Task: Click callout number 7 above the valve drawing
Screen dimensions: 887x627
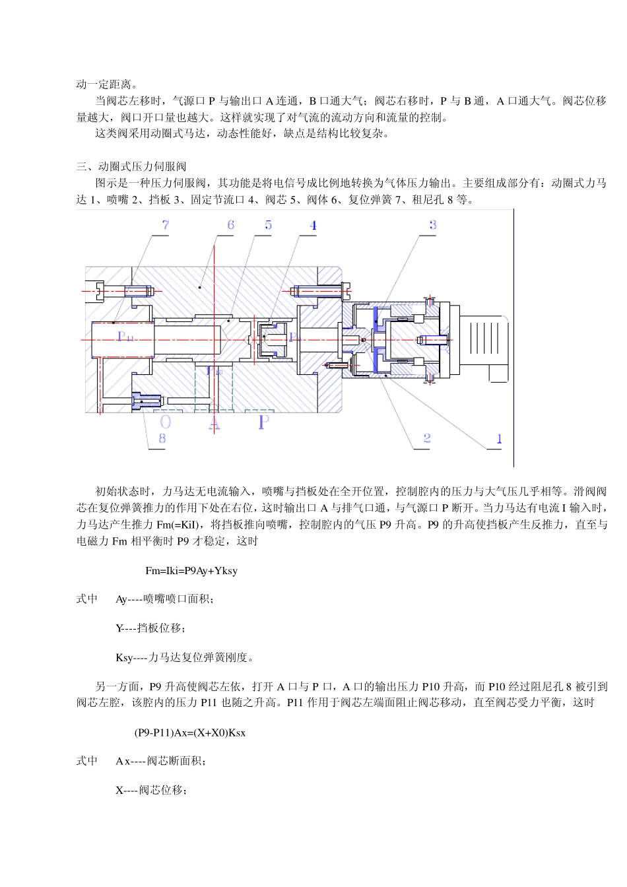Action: coord(166,225)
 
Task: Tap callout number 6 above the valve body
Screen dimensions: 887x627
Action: coord(231,225)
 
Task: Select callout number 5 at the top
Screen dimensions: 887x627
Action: coord(269,225)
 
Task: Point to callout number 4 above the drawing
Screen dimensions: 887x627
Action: coord(313,226)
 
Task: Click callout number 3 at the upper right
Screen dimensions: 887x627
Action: coord(432,225)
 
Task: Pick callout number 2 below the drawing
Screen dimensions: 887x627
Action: coord(427,438)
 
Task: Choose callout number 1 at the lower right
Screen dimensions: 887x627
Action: coord(499,438)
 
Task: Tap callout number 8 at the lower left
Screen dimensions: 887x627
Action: coord(162,438)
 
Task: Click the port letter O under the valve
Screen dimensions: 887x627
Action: coord(166,422)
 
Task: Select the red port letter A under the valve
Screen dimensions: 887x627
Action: coord(214,422)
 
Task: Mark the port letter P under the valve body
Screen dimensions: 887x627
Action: coord(263,422)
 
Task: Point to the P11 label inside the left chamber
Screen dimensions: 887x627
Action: coord(125,337)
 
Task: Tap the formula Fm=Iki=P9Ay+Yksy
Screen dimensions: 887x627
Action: coord(191,570)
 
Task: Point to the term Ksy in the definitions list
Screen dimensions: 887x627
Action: coord(124,657)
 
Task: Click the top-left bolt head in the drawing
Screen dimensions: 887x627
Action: coord(99,290)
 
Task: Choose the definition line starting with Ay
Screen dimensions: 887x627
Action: coord(164,599)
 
